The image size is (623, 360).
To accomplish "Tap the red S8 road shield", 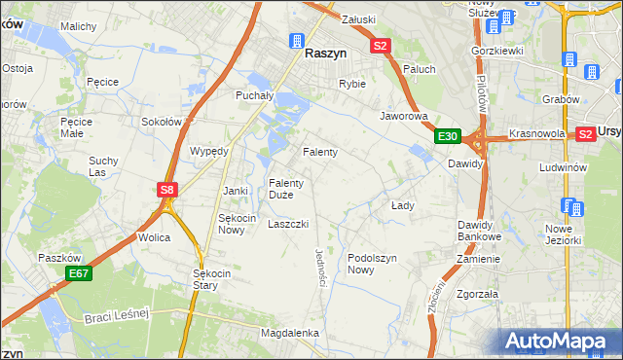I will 167,191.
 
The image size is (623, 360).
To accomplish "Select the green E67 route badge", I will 79,275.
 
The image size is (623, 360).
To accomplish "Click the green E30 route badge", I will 447,136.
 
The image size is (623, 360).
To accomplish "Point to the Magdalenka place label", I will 290,333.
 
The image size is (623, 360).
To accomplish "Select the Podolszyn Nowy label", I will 374,264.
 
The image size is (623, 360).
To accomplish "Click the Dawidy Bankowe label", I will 479,231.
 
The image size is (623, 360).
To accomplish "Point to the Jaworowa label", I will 404,115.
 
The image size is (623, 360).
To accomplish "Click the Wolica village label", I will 154,237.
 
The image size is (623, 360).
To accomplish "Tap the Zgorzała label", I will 477,293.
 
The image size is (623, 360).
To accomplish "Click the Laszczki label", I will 288,224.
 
